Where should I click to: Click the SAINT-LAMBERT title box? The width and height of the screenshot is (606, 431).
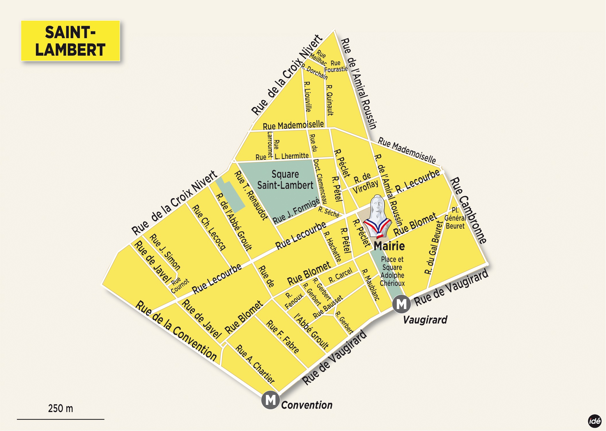(70, 41)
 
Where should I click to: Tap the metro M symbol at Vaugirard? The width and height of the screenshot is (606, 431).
(401, 304)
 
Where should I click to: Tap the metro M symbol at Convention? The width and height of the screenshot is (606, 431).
(270, 400)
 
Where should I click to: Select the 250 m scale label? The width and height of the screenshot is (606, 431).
(61, 408)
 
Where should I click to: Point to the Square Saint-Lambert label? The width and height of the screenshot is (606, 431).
(285, 180)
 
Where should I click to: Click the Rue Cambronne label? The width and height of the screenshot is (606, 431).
(468, 210)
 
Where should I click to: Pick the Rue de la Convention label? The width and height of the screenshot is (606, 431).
(176, 331)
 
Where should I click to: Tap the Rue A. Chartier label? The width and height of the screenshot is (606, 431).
(255, 364)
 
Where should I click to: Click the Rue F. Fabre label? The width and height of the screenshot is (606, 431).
(282, 336)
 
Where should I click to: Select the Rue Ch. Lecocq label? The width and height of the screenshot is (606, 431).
(209, 227)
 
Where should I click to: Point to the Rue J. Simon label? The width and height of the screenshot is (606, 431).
(165, 252)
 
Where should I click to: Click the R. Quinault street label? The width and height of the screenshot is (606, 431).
(330, 100)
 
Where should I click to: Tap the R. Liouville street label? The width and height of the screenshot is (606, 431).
(307, 96)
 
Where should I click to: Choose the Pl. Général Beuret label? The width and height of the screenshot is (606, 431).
(455, 218)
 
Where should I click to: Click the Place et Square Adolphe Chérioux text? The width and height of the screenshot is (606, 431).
(392, 271)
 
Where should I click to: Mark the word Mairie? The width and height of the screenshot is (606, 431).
(389, 246)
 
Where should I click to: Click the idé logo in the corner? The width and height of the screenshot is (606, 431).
(595, 421)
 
